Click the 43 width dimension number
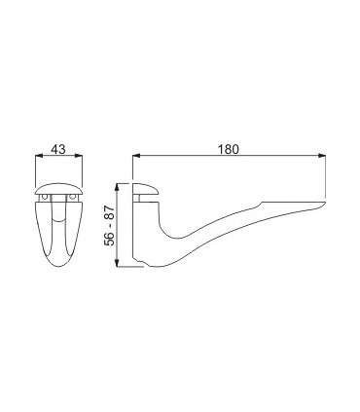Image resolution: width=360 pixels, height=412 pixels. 58,149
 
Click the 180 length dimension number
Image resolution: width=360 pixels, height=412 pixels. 228,149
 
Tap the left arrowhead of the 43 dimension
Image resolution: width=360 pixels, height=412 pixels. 39,156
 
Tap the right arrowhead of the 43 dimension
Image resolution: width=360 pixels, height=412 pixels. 79,156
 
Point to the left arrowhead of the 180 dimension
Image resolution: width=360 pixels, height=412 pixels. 136,156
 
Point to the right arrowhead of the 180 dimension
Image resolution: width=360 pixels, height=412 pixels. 321,156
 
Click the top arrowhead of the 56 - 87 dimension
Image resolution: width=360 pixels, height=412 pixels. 119,188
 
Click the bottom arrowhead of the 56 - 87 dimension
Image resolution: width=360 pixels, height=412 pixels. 119,263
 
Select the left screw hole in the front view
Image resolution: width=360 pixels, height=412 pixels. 45,197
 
